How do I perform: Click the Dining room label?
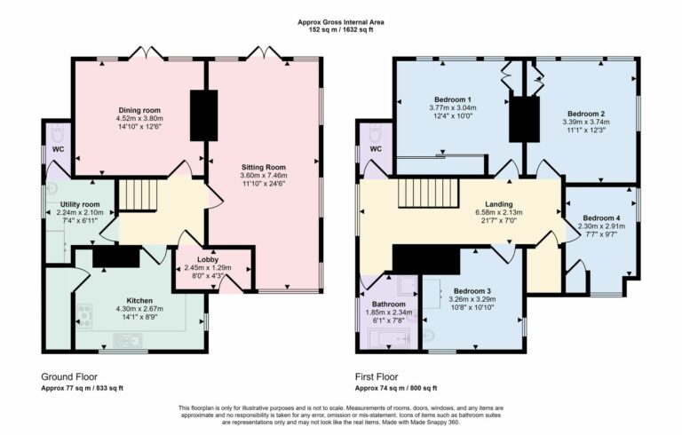point(138,110)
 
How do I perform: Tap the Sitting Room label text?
point(264,167)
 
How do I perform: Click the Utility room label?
point(80,203)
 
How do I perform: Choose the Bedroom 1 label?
point(452,99)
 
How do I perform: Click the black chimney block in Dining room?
point(202,115)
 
